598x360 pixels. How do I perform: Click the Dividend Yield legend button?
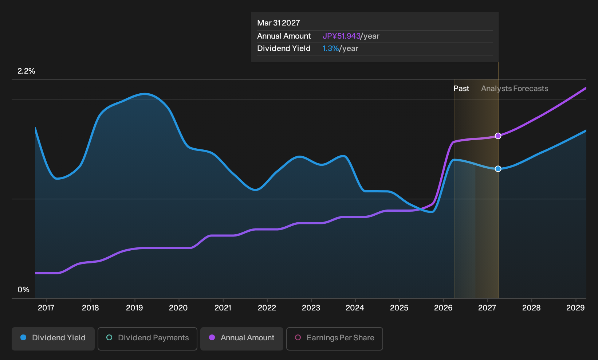pyautogui.click(x=53, y=339)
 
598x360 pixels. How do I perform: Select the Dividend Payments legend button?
pyautogui.click(x=147, y=339)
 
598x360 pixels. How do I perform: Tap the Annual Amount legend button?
pyautogui.click(x=241, y=339)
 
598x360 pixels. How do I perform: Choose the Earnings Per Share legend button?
pyautogui.click(x=334, y=339)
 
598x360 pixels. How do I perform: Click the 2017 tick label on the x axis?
pyautogui.click(x=46, y=308)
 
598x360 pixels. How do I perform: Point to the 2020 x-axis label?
pyautogui.click(x=178, y=308)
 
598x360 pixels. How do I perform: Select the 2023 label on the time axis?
pyautogui.click(x=311, y=308)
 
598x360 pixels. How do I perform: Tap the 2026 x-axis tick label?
pyautogui.click(x=443, y=308)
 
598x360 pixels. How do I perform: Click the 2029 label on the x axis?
pyautogui.click(x=575, y=308)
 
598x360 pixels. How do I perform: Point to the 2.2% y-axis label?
pyautogui.click(x=26, y=71)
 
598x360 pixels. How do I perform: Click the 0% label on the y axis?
pyautogui.click(x=23, y=290)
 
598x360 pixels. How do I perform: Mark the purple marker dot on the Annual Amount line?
pyautogui.click(x=498, y=136)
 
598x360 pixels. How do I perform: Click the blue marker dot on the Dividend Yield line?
pyautogui.click(x=498, y=169)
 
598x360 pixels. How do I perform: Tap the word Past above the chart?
pyautogui.click(x=461, y=89)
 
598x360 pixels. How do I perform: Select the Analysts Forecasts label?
pyautogui.click(x=515, y=89)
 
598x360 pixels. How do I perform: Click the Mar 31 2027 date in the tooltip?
pyautogui.click(x=279, y=23)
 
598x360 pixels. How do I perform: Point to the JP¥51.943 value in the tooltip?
pyautogui.click(x=342, y=36)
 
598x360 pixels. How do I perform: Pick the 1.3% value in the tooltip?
pyautogui.click(x=330, y=48)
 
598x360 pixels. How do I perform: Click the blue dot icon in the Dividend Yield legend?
pyautogui.click(x=24, y=337)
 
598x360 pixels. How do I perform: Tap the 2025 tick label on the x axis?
pyautogui.click(x=399, y=308)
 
